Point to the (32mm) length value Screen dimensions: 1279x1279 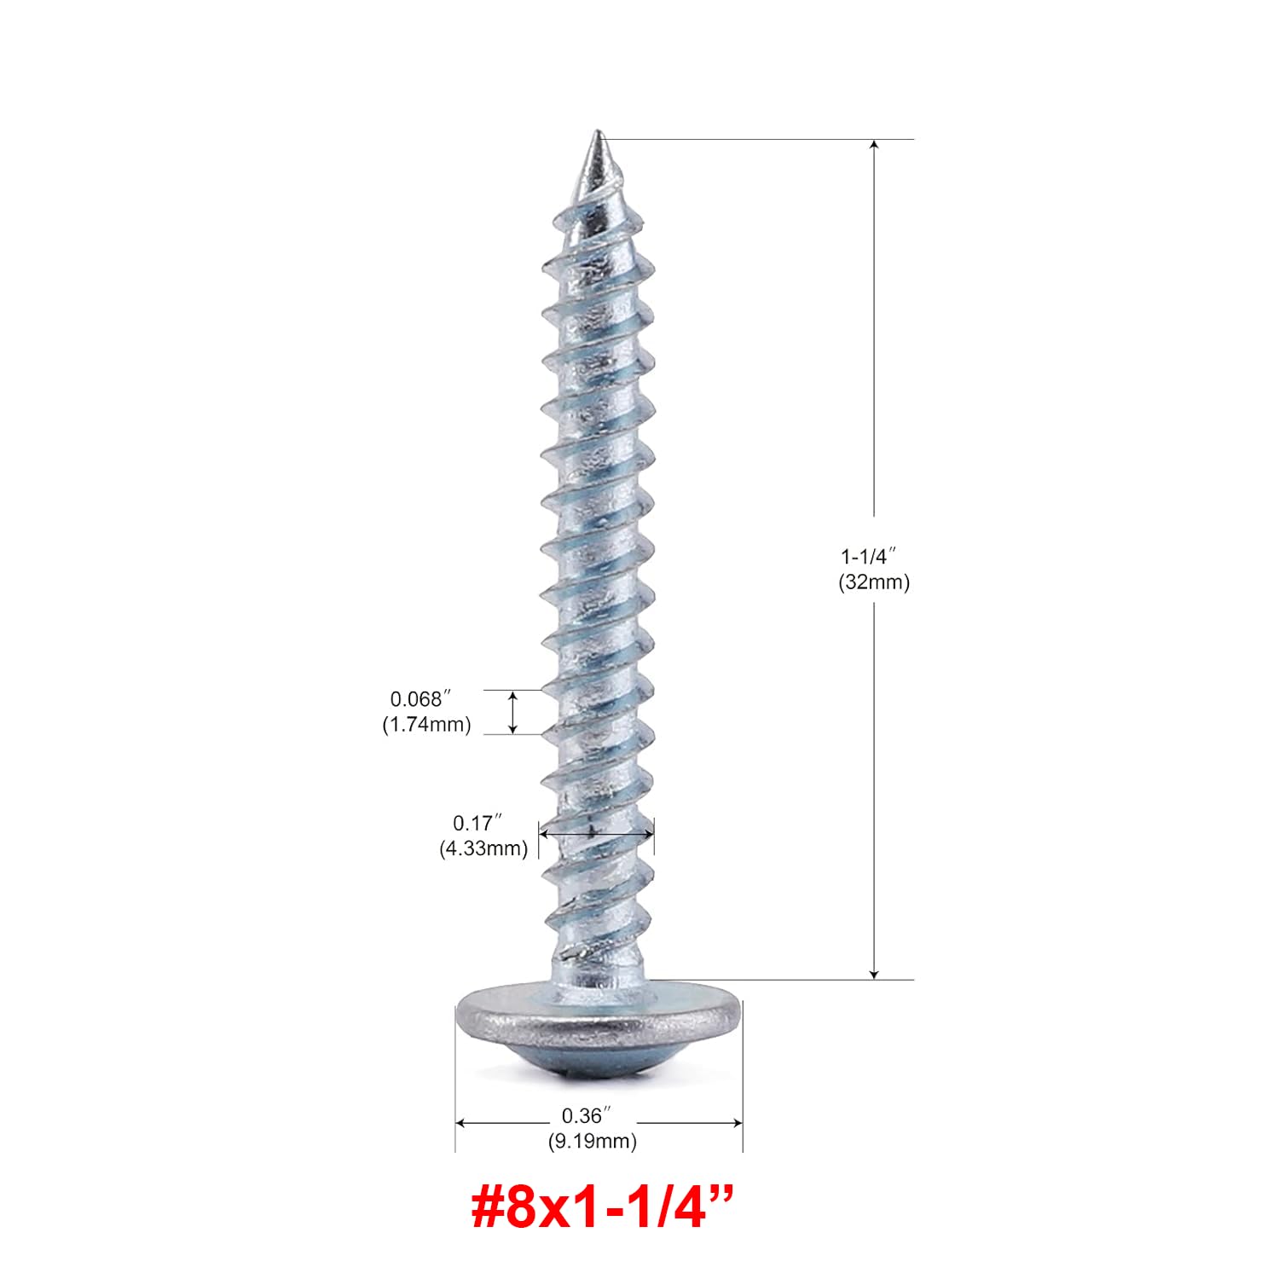tap(874, 582)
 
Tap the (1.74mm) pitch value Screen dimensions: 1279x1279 tap(426, 725)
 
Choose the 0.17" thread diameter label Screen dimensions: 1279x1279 tap(477, 823)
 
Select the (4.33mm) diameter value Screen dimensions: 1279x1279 tap(483, 848)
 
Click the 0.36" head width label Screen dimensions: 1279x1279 tap(587, 1115)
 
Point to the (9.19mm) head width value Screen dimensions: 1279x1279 tap(592, 1141)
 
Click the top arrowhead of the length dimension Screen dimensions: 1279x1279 tap(874, 145)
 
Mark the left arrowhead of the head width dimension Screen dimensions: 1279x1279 tap(461, 1123)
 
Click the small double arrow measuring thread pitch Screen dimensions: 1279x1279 tap(512, 712)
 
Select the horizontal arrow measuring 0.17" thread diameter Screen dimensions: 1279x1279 tap(596, 833)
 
